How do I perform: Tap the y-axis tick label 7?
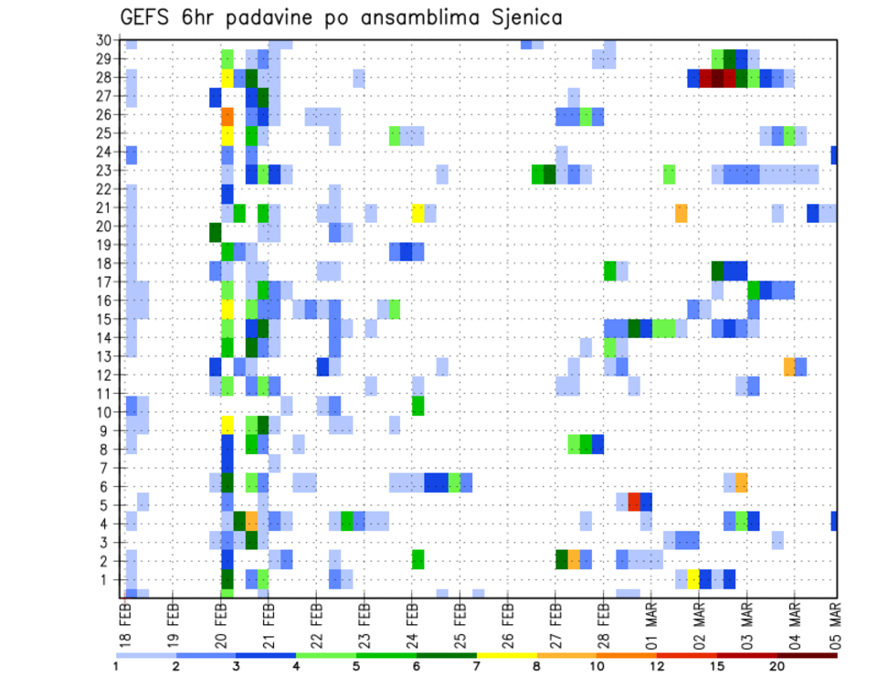click(107, 468)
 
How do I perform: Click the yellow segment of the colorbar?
click(506, 654)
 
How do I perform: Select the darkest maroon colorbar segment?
click(808, 654)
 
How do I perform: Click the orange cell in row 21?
click(682, 213)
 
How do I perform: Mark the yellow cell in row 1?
click(693, 579)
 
